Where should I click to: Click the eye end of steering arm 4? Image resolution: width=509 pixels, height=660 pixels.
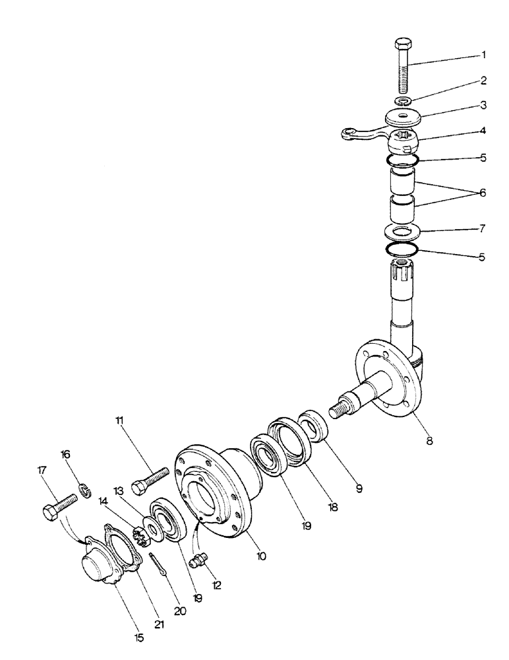pos(350,134)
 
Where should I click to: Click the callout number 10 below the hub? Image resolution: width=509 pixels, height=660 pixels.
pos(261,556)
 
